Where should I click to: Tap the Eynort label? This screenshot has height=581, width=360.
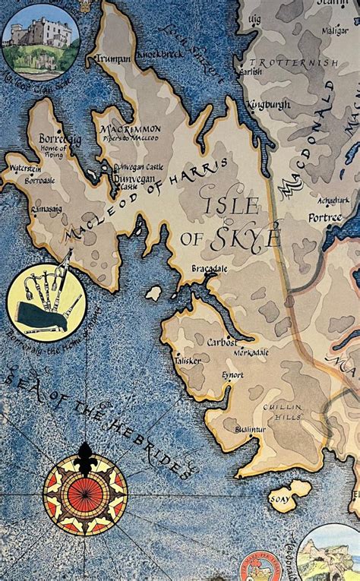[x=232, y=374]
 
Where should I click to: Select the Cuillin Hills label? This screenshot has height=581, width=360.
[x=283, y=412]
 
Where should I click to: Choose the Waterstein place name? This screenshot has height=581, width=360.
[x=25, y=169]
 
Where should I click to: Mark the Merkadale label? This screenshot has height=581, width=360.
[x=251, y=353]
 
